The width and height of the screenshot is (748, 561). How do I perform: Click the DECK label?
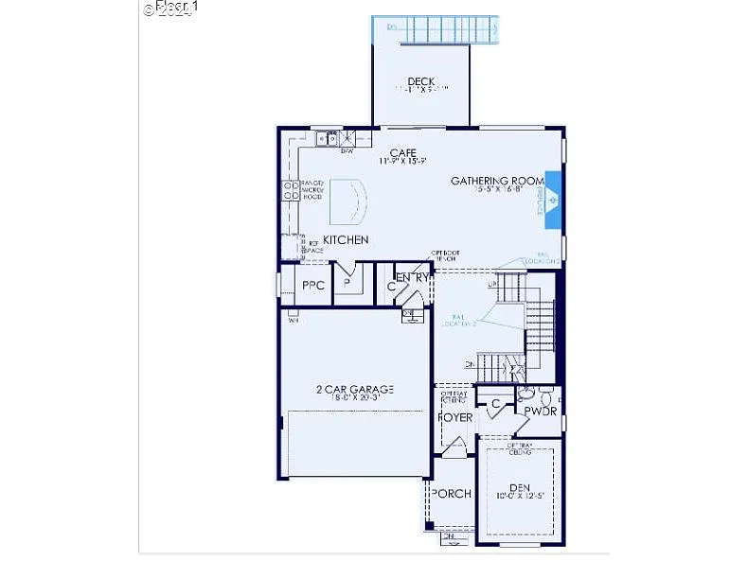420,81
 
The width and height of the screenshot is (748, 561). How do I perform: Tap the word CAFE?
403,152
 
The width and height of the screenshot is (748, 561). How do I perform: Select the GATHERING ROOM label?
497,181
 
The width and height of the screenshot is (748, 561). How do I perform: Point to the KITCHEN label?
346,240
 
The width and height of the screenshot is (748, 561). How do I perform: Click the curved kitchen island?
347,201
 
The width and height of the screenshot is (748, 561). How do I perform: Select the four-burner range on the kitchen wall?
290,192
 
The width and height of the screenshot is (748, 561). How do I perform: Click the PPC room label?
313,285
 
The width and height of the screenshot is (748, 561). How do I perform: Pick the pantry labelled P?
347,283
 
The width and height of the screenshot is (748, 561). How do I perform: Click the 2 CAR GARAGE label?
355,389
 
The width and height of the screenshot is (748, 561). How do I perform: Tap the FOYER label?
454,417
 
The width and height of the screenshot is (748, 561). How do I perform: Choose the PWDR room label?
541,412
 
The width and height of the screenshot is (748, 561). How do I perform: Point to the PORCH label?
451,494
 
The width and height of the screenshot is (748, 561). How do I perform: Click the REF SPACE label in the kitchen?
313,246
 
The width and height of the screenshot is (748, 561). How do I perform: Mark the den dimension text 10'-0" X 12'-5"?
520,495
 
